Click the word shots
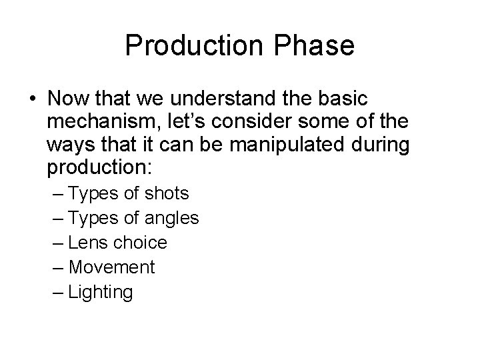pos(167,194)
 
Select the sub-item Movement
pos(111,267)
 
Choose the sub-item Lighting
pos(101,292)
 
